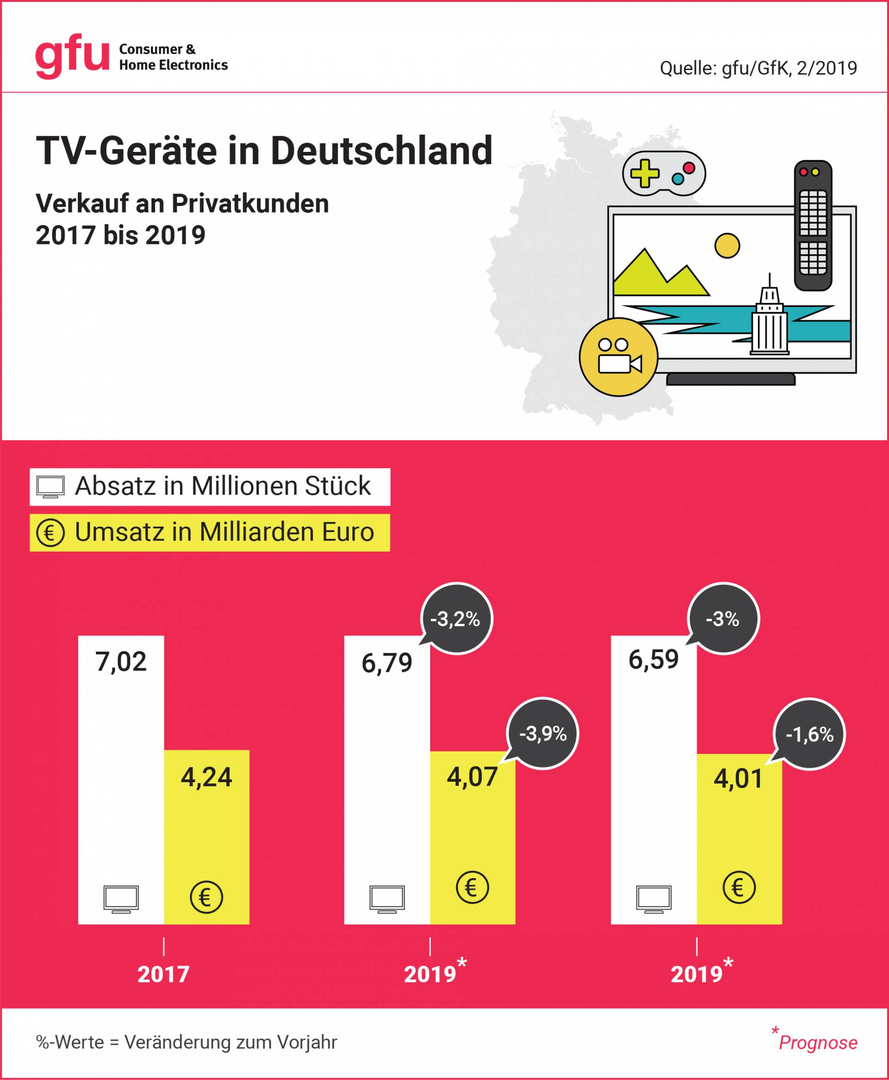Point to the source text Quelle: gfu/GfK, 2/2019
758,68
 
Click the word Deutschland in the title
381,151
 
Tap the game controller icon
664,174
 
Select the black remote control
813,226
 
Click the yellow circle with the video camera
619,357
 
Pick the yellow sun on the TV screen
726,246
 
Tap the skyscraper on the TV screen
769,320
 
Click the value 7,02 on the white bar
121,662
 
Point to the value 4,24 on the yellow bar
207,777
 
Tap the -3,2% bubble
455,619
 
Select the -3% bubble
723,619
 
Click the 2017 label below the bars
163,973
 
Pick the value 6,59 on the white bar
653,659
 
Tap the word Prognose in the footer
818,1042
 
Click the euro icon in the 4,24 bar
206,897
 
